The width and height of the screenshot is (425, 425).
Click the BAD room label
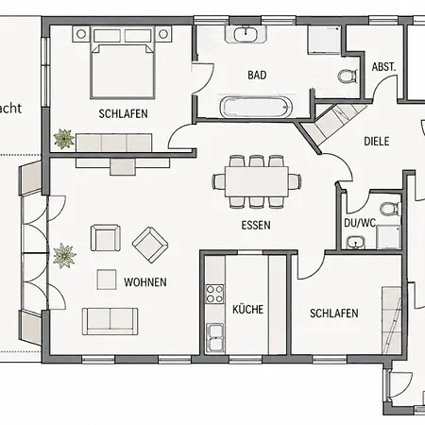click(x=257, y=76)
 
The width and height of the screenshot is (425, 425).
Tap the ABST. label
click(x=383, y=67)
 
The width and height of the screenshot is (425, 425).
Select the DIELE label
click(x=377, y=142)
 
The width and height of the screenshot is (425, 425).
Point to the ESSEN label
click(x=256, y=225)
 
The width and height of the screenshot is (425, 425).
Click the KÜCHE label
click(x=247, y=310)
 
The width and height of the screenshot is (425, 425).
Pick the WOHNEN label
click(x=145, y=282)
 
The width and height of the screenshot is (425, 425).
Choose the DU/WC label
click(x=360, y=223)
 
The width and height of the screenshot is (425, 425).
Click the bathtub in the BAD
click(x=256, y=107)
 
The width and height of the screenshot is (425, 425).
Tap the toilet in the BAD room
click(x=348, y=76)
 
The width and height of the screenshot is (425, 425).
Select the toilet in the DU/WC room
click(x=390, y=209)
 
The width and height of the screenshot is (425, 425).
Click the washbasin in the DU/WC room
click(x=356, y=242)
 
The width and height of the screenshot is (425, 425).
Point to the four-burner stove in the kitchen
click(x=214, y=294)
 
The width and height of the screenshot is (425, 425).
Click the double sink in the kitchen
click(x=214, y=336)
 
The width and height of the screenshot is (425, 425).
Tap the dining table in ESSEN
click(x=257, y=181)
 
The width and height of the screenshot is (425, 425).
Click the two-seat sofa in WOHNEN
click(x=110, y=321)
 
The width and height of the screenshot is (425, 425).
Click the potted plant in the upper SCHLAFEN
click(x=64, y=139)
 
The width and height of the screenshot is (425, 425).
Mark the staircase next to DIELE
click(x=333, y=122)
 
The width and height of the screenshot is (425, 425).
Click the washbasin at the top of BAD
click(x=246, y=34)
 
